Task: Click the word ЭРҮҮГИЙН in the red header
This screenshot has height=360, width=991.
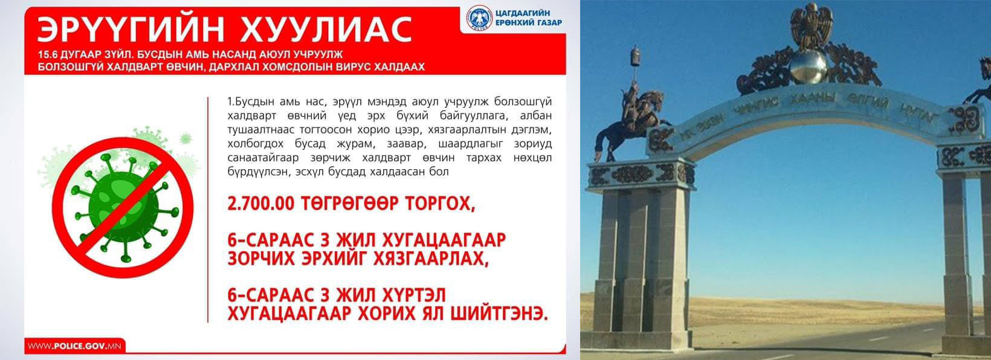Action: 131,30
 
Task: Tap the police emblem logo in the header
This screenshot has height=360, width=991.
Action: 479,18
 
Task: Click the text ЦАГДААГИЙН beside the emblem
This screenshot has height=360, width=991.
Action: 523,13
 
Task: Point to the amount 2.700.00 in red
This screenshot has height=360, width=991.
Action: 260,204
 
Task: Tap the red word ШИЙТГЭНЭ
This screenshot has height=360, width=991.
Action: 499,314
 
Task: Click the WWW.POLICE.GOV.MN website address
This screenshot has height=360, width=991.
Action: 74,346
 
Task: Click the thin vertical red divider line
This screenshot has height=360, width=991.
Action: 207,210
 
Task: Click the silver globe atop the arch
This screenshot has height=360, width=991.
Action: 809,67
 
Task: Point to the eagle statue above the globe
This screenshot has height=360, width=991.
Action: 812,25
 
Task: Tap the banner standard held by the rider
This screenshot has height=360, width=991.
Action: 636,60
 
